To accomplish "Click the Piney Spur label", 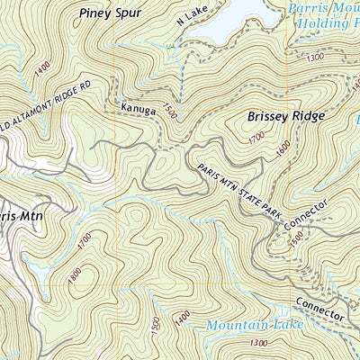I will (x=111, y=13).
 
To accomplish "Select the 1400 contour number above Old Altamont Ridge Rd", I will (x=40, y=68).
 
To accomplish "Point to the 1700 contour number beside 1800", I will (x=85, y=241).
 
